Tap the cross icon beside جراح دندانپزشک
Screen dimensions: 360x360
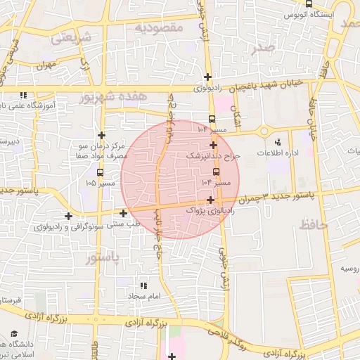[x=213, y=145]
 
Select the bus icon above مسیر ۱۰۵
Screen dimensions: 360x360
[x=99, y=172]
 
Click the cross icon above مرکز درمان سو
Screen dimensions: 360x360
[x=102, y=134]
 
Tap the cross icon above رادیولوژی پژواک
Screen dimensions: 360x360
[x=210, y=200]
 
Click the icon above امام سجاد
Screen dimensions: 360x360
[x=144, y=285]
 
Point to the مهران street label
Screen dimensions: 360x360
[x=46, y=65]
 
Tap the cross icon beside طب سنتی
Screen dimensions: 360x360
[x=124, y=212]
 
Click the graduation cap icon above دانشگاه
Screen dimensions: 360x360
[x=14, y=333]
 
